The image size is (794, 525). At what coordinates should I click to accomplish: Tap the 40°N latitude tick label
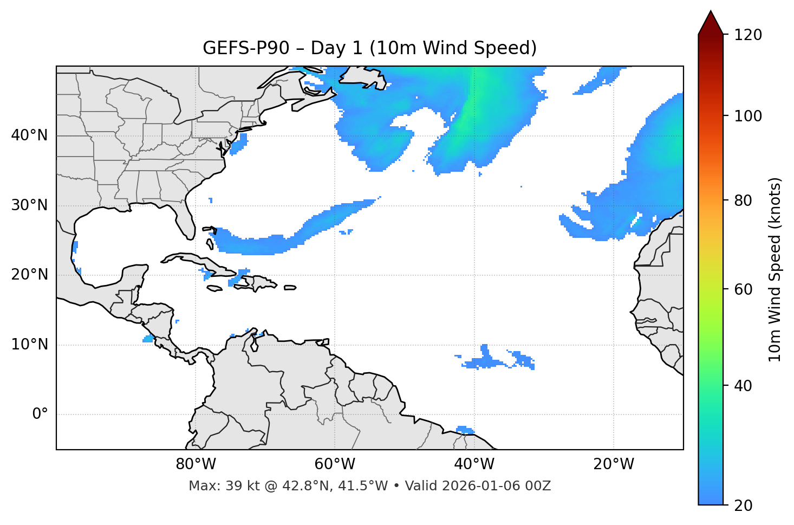(x=29, y=135)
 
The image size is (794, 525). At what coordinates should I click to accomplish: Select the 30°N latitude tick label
(x=29, y=205)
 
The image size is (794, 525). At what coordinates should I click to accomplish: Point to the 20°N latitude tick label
(x=29, y=275)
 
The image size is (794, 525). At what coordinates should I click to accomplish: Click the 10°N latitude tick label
(x=29, y=345)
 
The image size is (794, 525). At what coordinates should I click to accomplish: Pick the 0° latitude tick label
(x=40, y=414)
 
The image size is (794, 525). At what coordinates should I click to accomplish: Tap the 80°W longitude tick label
(x=196, y=464)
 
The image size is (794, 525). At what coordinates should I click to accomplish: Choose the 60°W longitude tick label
(x=335, y=464)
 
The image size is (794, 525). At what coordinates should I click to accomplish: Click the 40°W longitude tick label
(x=474, y=464)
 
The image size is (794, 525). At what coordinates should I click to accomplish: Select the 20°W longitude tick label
(x=613, y=464)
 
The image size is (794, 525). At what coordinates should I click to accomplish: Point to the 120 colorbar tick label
(x=748, y=35)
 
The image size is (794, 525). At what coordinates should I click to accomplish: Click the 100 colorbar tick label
(x=748, y=116)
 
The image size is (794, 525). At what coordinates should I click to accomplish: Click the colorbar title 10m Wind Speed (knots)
(x=775, y=269)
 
